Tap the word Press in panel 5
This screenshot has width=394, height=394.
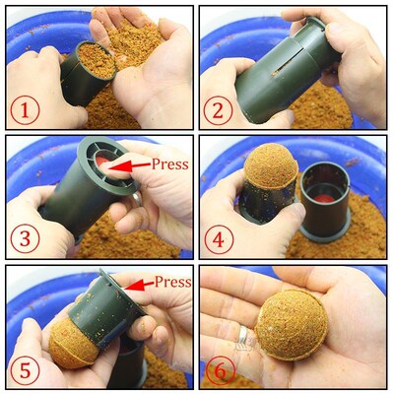[172, 282]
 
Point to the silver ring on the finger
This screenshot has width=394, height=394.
[242, 336]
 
